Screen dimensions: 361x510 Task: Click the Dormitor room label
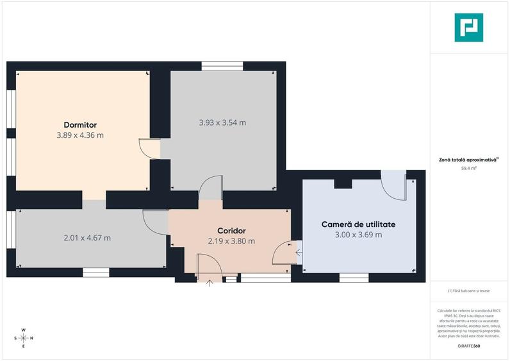(80, 124)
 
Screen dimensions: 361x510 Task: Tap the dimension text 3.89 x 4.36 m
(80, 135)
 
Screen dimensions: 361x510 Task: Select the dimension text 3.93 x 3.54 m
(222, 122)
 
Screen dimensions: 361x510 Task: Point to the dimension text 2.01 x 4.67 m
(87, 238)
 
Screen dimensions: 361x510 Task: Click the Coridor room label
(231, 231)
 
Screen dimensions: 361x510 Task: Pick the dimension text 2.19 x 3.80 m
(231, 241)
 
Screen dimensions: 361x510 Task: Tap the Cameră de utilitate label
(358, 224)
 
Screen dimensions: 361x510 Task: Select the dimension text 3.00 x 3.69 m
(358, 235)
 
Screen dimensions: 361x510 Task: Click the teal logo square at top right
(469, 28)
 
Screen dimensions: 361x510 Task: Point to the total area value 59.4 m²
(469, 169)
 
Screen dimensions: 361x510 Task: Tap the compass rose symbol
(23, 337)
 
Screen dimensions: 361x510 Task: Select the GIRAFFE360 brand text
(468, 346)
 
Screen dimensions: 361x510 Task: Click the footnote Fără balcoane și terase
(469, 291)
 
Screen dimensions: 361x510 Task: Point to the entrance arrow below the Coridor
(210, 283)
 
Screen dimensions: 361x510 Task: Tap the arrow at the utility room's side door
(299, 253)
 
